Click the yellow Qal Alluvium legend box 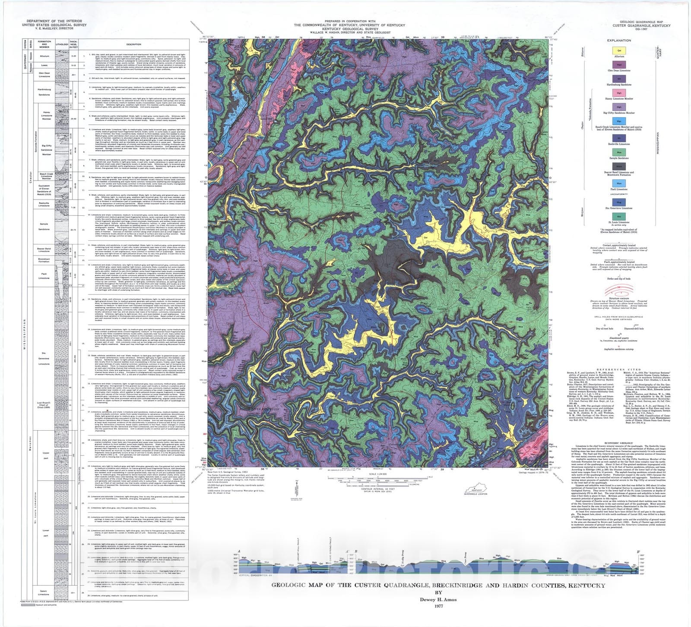coord(619,50)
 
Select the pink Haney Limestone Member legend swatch coord(619,93)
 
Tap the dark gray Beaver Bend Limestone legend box coord(619,166)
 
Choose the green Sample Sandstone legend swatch coord(619,152)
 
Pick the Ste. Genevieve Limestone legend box coord(619,202)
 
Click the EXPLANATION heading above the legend coord(619,40)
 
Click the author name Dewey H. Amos coord(437,599)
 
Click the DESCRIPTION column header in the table coord(134,44)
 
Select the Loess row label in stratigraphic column coord(44,65)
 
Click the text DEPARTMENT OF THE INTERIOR coord(54,21)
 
